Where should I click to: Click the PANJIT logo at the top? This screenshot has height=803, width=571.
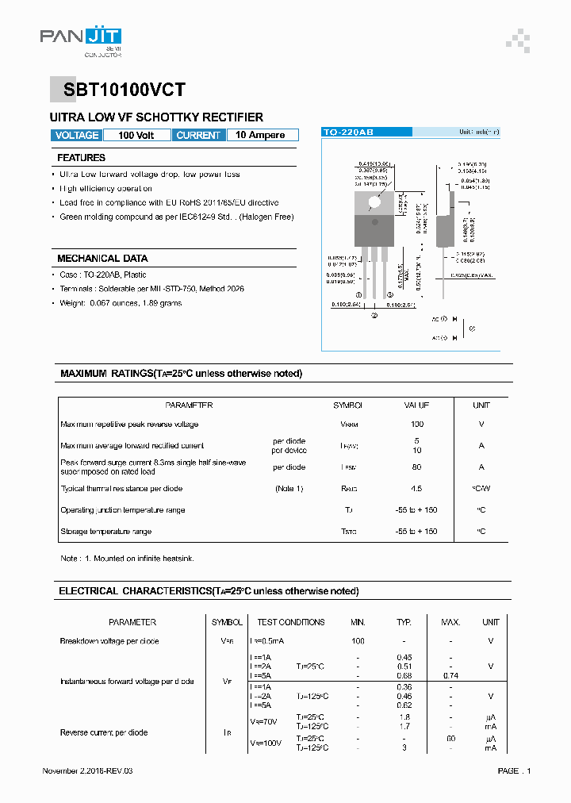tap(81, 38)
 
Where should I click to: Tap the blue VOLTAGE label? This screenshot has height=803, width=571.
tap(77, 136)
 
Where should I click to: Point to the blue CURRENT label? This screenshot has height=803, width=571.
tap(198, 136)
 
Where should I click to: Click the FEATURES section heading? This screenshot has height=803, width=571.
tap(81, 158)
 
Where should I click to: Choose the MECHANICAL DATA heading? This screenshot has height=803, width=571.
tap(102, 259)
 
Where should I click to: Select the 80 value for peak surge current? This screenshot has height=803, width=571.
tap(417, 467)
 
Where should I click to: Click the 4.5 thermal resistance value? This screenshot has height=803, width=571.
tap(417, 489)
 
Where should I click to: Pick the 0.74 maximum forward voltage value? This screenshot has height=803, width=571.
tap(450, 676)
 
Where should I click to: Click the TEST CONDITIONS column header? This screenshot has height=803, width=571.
tap(291, 622)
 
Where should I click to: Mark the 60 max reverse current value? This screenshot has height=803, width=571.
tap(450, 738)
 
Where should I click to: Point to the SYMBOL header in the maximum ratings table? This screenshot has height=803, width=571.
tap(347, 405)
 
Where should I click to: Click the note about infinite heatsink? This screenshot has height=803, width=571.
tap(127, 559)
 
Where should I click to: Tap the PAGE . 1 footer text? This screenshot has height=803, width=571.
tap(514, 771)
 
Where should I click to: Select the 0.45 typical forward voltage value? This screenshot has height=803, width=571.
tap(404, 657)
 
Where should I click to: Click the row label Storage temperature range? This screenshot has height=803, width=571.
tap(106, 532)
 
